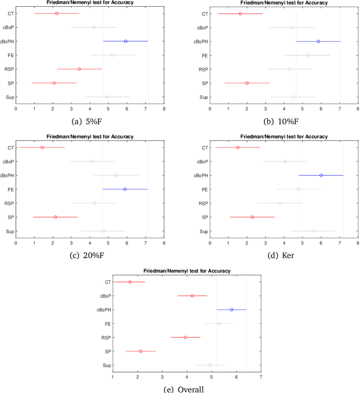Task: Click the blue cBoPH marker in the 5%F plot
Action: (x=125, y=41)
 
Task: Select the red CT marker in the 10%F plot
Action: (x=240, y=14)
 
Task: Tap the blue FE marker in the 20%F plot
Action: (x=125, y=189)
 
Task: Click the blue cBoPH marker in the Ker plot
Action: (x=321, y=175)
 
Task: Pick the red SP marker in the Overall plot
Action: (x=141, y=351)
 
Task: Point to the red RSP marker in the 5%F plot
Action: (x=79, y=69)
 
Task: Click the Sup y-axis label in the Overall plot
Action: (x=107, y=365)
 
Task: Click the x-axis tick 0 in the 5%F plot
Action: (x=16, y=109)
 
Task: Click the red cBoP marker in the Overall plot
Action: (x=192, y=296)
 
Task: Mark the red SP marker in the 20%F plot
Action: (x=55, y=217)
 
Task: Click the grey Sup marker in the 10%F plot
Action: (x=293, y=97)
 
